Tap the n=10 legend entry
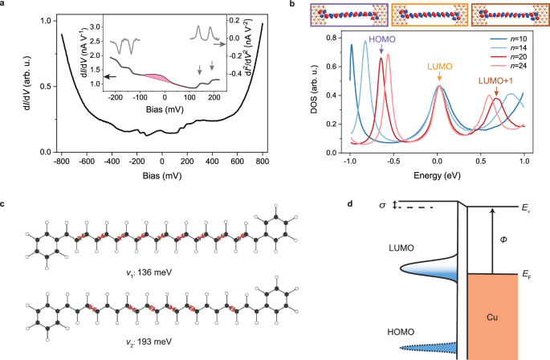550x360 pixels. pos(507,39)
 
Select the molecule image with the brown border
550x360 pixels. pos(510,16)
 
